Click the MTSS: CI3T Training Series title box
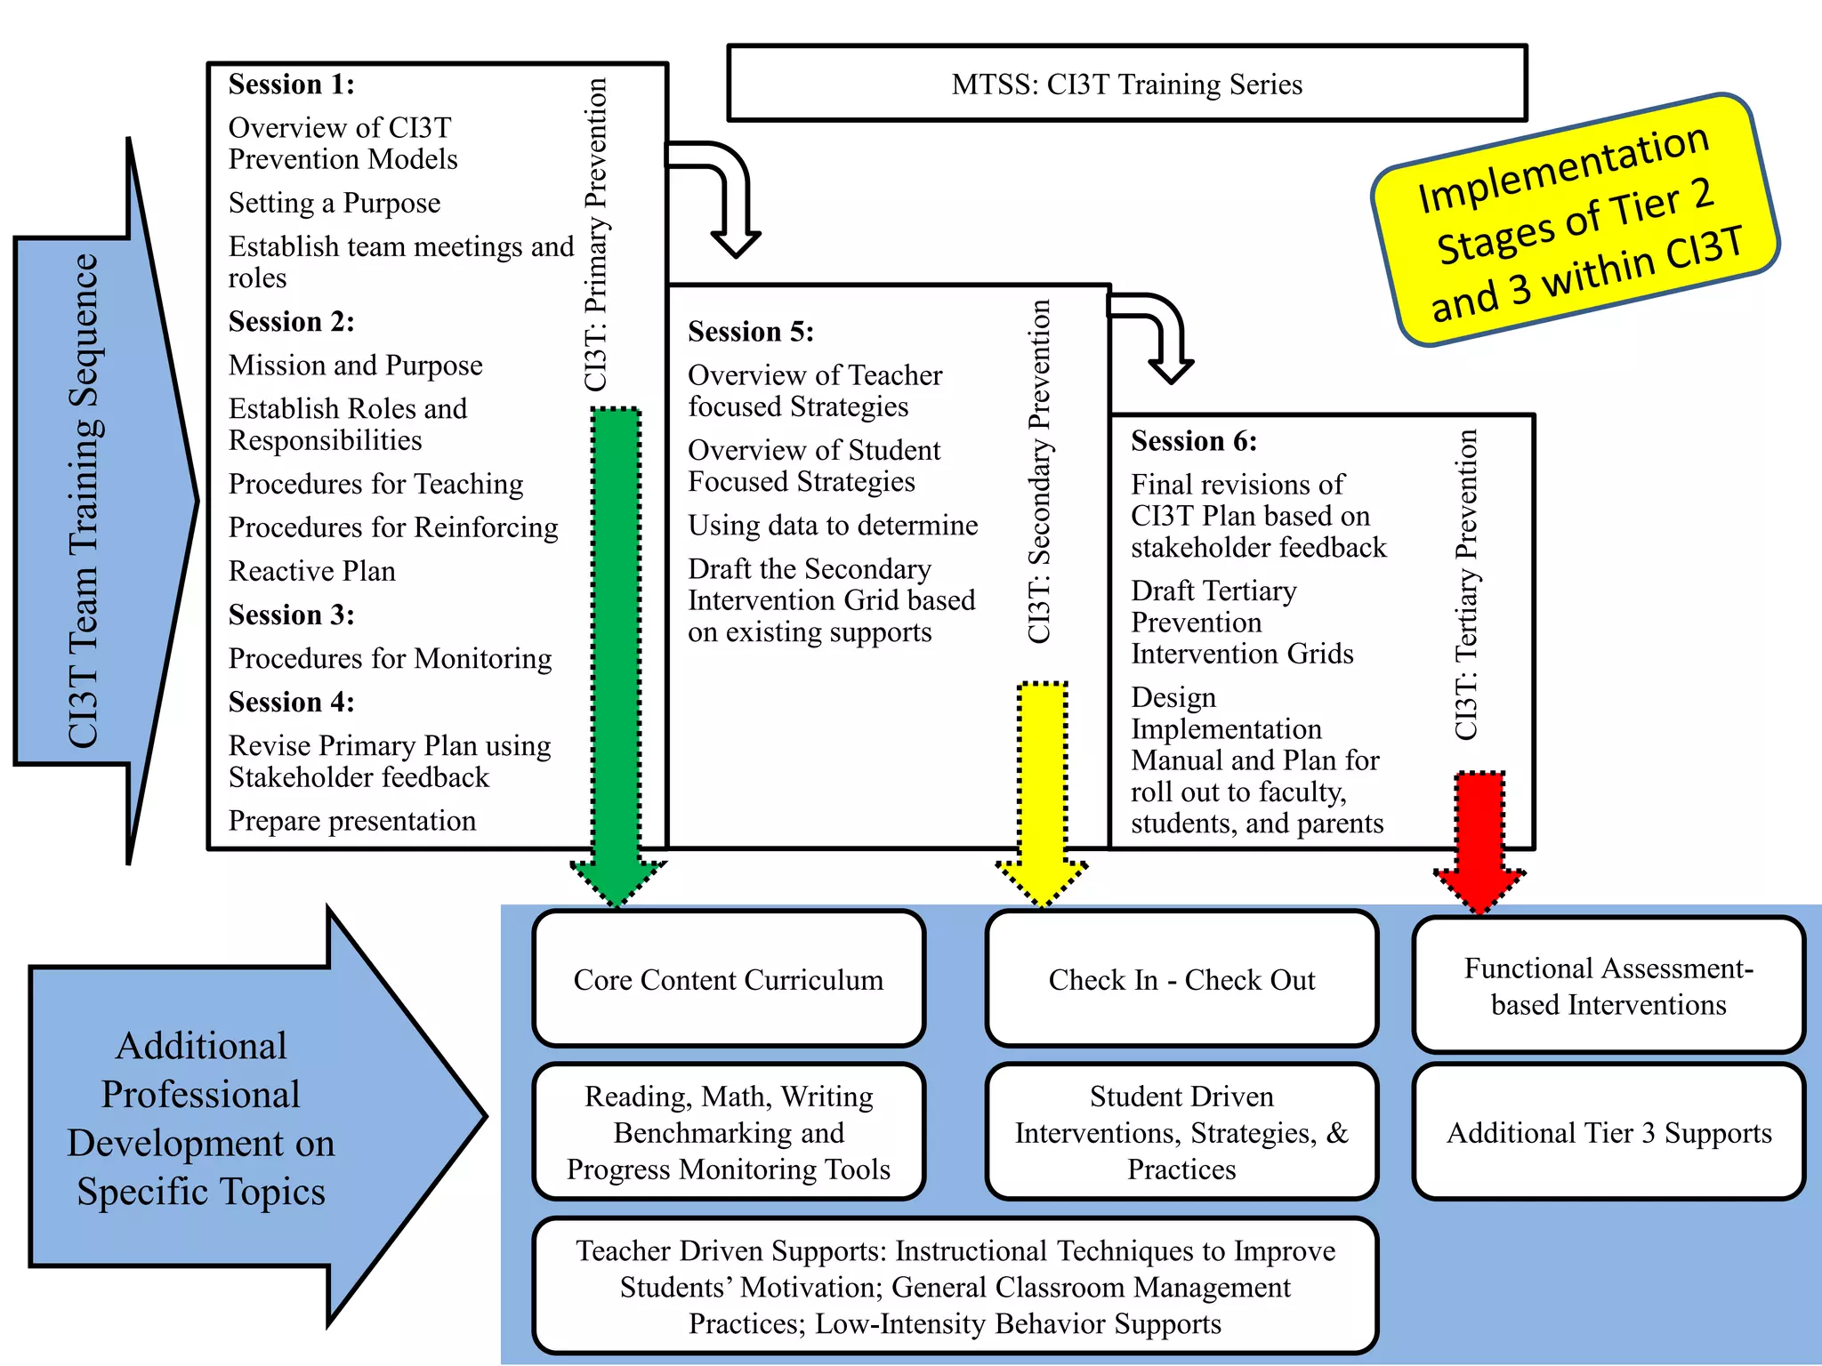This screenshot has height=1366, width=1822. tap(1127, 84)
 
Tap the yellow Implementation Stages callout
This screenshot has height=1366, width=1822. tap(1576, 220)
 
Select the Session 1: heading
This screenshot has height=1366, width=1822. tap(292, 84)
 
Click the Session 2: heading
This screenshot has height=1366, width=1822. tap(292, 322)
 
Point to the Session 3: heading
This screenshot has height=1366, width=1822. tap(292, 615)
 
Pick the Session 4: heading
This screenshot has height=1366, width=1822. tap(292, 703)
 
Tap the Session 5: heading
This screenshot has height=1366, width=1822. tap(751, 332)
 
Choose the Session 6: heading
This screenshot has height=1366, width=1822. tap(1194, 441)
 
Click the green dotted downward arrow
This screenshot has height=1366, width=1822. tap(617, 658)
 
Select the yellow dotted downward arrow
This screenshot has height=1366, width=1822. tap(1042, 794)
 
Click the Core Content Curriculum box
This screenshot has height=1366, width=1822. tap(729, 979)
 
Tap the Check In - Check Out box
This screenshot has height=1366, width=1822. tap(1181, 979)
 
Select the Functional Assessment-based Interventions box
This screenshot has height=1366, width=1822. tap(1608, 985)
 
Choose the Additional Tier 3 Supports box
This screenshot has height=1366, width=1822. tap(1608, 1132)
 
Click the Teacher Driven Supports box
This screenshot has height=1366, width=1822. tap(955, 1286)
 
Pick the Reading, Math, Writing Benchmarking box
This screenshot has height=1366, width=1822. tap(729, 1132)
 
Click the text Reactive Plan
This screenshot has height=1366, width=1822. tap(312, 571)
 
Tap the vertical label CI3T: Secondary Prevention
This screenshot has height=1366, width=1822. tap(1039, 471)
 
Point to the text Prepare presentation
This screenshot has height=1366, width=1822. tap(352, 821)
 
